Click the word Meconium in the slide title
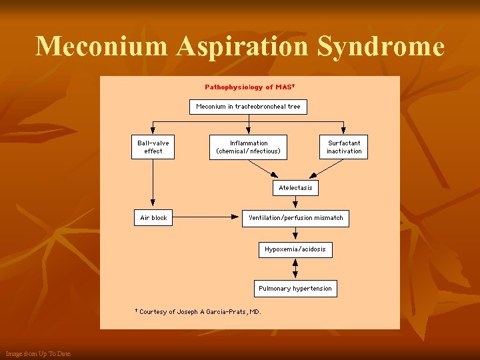click(101, 47)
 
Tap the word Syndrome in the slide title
click(381, 47)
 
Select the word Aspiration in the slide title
click(246, 47)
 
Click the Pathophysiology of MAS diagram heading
click(249, 87)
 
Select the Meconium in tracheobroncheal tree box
click(248, 107)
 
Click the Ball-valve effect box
click(153, 147)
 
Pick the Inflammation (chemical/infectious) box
click(249, 147)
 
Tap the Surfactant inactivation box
click(344, 147)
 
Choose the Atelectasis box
click(295, 188)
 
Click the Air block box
click(153, 218)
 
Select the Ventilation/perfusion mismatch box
click(295, 218)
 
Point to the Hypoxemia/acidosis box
click(295, 249)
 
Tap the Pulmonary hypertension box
click(295, 289)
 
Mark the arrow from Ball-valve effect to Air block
click(153, 183)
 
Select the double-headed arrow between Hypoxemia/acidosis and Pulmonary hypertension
click(295, 269)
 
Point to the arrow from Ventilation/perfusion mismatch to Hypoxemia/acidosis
click(295, 234)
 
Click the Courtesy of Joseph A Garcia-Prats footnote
click(199, 311)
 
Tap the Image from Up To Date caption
click(37, 353)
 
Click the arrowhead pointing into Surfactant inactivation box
click(344, 130)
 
